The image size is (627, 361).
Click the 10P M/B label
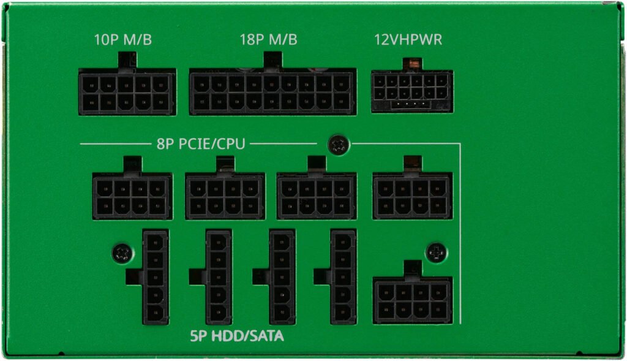pyautogui.click(x=123, y=40)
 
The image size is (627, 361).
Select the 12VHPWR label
pyautogui.click(x=408, y=40)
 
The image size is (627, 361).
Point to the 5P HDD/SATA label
pyautogui.click(x=237, y=336)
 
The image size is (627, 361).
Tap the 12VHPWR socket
pyautogui.click(x=412, y=91)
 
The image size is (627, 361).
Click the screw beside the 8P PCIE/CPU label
pyautogui.click(x=337, y=145)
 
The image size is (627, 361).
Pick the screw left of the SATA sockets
pyautogui.click(x=122, y=253)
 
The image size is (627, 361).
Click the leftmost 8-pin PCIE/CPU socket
pyautogui.click(x=132, y=196)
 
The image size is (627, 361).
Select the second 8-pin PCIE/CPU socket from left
pyautogui.click(x=225, y=196)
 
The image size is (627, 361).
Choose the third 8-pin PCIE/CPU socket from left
pyautogui.click(x=316, y=196)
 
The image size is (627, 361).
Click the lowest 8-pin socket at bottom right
pyautogui.click(x=412, y=300)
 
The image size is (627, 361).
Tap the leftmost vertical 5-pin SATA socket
pyautogui.click(x=155, y=277)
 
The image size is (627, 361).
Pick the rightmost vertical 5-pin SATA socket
pyautogui.click(x=343, y=277)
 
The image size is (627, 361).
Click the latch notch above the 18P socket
pyautogui.click(x=272, y=60)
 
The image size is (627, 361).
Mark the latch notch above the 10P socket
pyautogui.click(x=127, y=60)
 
